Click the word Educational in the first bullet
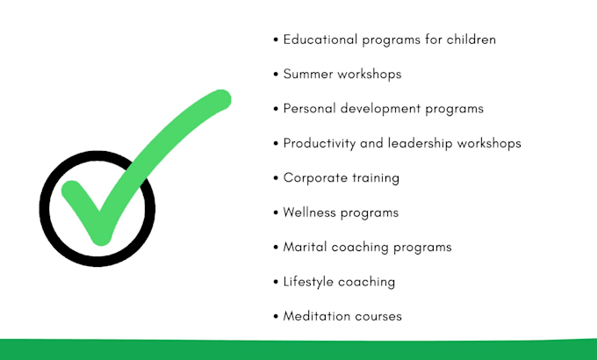tap(320, 40)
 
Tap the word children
tap(470, 40)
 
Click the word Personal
tap(309, 109)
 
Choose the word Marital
tap(305, 247)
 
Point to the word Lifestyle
tap(309, 282)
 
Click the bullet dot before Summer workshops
tap(277, 75)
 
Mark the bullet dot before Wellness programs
tap(277, 212)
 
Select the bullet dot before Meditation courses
tap(277, 316)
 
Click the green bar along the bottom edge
tap(298, 349)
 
